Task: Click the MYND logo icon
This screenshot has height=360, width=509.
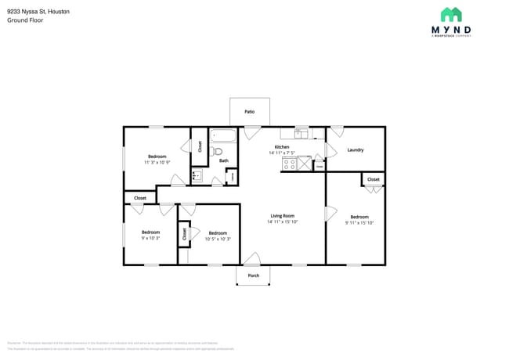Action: [x=451, y=15]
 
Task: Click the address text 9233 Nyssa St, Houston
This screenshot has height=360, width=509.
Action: [x=38, y=12]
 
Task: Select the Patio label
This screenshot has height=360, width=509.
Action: [x=249, y=112]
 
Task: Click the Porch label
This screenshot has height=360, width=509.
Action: [x=253, y=276]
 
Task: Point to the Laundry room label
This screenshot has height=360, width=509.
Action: [x=355, y=149]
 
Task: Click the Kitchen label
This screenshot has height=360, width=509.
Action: [x=281, y=147]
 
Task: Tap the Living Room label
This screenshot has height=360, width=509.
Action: [x=282, y=216]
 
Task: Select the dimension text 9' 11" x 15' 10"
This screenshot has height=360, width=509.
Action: [x=359, y=223]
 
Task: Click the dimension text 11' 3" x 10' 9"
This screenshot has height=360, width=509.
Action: [x=157, y=163]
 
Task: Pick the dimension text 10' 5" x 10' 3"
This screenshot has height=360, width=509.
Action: [x=218, y=239]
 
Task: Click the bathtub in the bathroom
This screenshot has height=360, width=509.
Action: [x=224, y=134]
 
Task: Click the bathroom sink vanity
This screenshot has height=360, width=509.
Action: [x=197, y=177]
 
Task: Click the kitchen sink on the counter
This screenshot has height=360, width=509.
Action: [x=301, y=133]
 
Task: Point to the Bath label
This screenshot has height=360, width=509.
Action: [x=223, y=161]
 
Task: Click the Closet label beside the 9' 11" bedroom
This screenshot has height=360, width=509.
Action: [x=374, y=179]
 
